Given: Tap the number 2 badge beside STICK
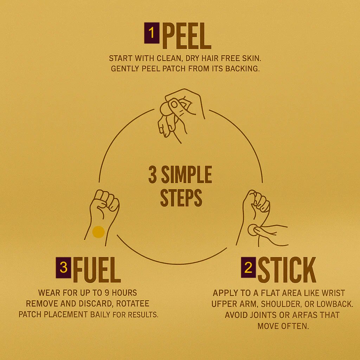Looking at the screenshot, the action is pos(249,267).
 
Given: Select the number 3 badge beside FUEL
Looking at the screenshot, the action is pos(63,268).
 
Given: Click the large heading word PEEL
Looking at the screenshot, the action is pos(186,36).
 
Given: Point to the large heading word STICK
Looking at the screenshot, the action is pos(287,270).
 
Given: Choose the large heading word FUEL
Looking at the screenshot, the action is pos(97,270).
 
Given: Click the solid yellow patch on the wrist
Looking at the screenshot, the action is pos(98,232).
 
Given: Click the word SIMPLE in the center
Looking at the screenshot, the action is pos(186,174).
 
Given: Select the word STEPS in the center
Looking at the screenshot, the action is pos(181,198).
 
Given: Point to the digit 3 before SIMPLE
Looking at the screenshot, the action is pos(153,174).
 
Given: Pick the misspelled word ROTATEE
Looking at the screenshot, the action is pos(133,303).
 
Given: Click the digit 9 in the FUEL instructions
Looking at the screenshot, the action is pos(107,293).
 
